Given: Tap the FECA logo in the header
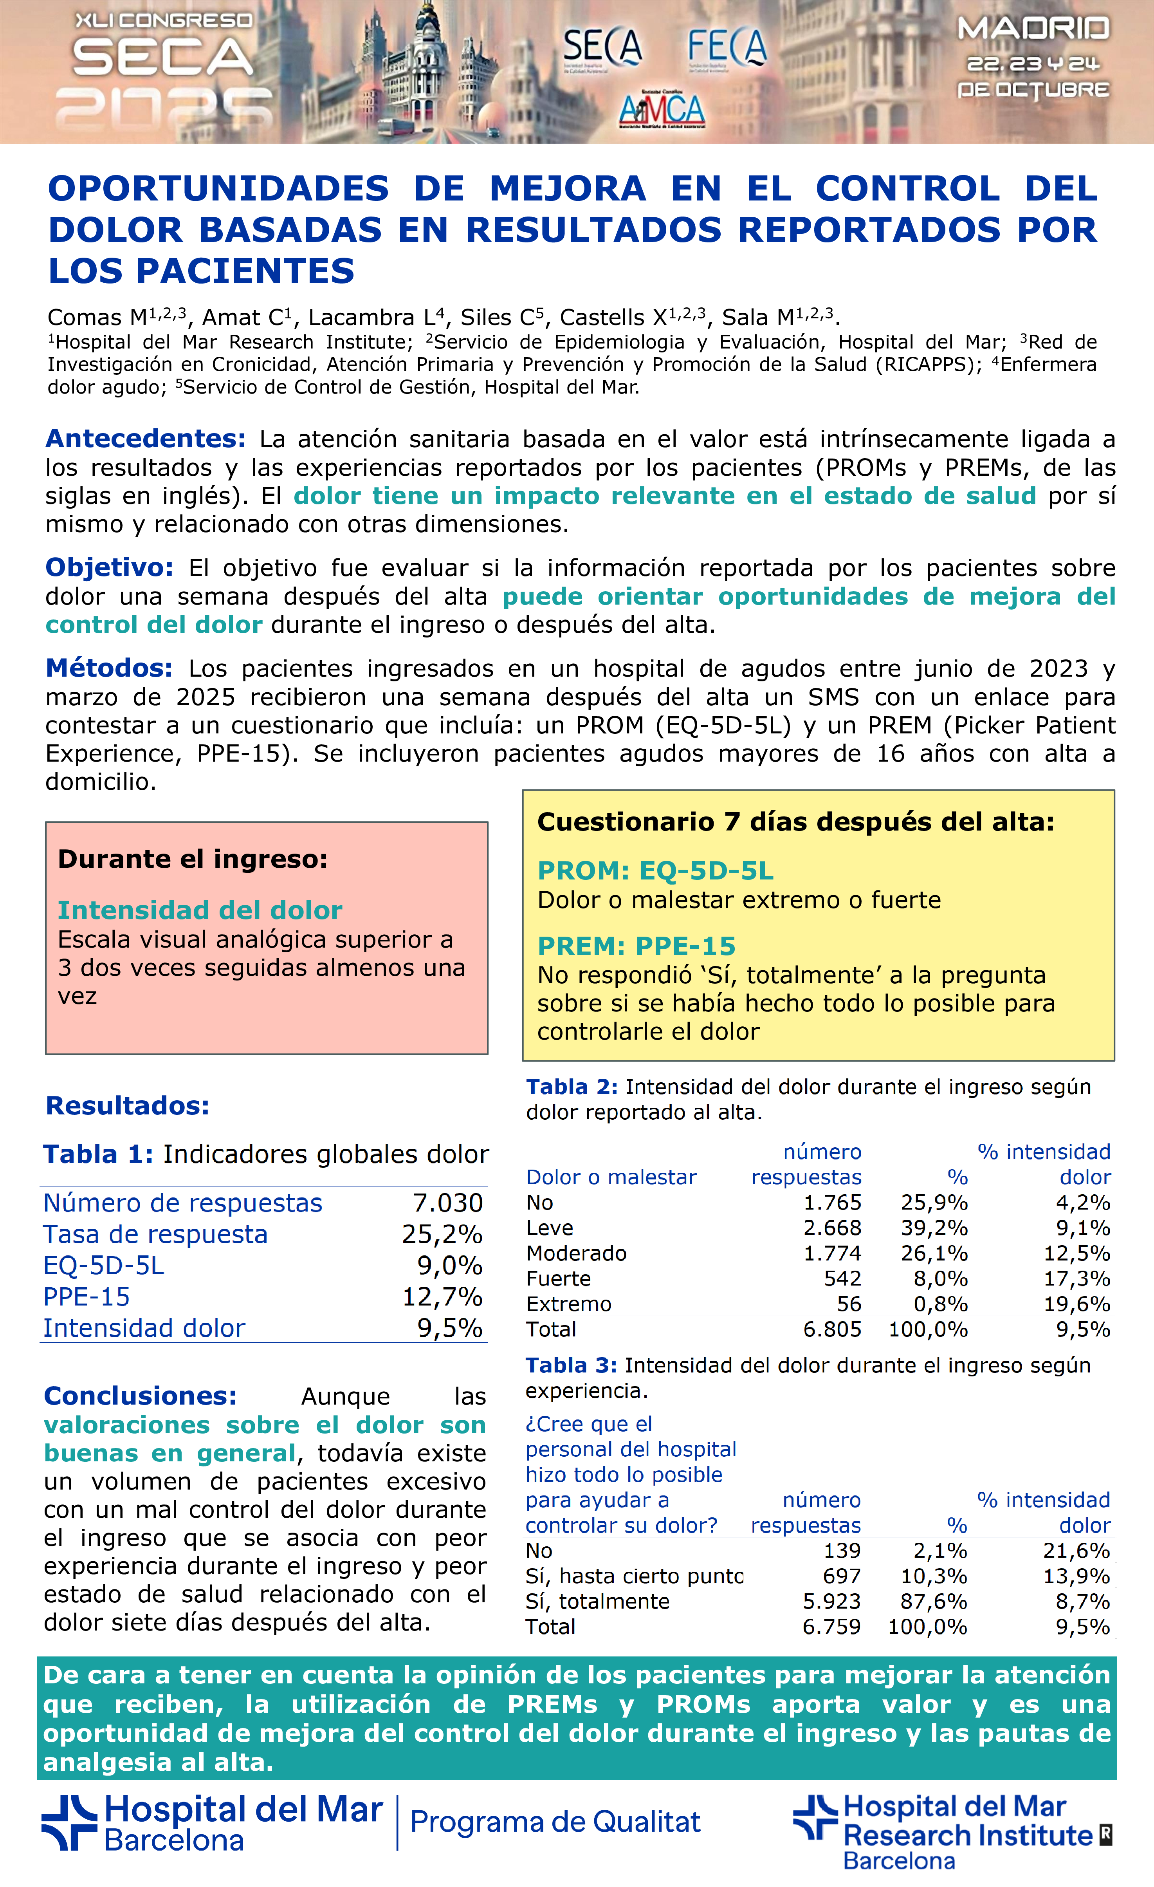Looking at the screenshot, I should click(726, 47).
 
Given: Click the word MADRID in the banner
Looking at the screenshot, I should click(1033, 29).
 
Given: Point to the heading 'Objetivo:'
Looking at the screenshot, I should click(110, 567).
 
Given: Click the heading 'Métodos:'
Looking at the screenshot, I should click(109, 668).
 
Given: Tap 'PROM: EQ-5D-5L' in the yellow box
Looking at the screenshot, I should click(656, 871).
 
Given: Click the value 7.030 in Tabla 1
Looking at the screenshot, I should click(448, 1203).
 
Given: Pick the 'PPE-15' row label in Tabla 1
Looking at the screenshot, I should click(87, 1297).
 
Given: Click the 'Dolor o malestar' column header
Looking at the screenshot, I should click(611, 1177).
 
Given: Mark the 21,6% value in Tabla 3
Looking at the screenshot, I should click(1076, 1551).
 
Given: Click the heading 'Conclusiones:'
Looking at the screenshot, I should click(140, 1396).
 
